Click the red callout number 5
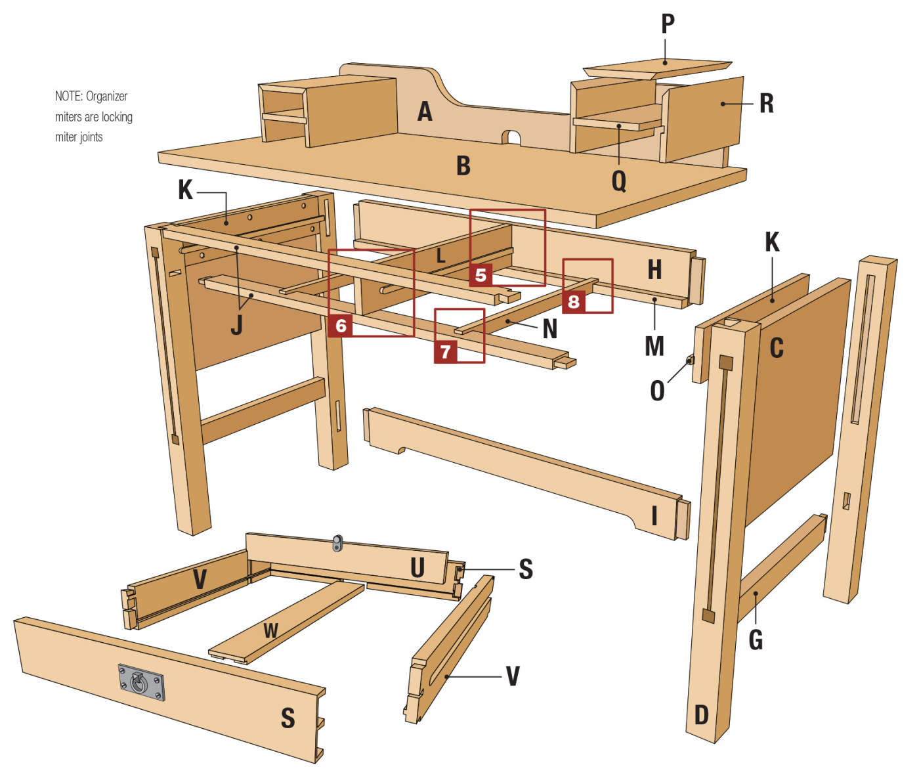point(481,274)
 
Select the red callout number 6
point(341,326)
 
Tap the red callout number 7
point(446,352)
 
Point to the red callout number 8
point(574,301)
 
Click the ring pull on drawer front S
point(140,682)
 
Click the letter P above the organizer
point(668,24)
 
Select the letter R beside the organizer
point(766,104)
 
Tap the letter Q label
point(619,181)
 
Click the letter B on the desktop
point(463,166)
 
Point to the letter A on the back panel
point(425,112)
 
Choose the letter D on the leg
point(702,714)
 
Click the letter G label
point(756,640)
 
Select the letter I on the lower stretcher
point(654,516)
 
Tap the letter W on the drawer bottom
point(270,631)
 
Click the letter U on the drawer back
point(417,568)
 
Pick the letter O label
point(657,391)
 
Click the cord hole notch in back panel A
point(511,138)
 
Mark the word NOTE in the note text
point(68,97)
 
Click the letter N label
point(550,329)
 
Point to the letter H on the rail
point(654,269)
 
